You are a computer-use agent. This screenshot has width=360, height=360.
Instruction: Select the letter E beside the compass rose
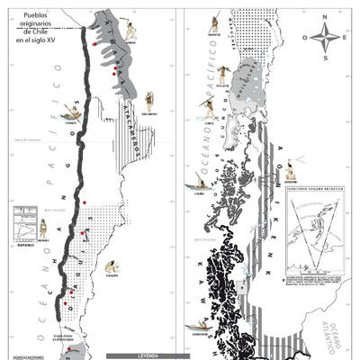[346, 37]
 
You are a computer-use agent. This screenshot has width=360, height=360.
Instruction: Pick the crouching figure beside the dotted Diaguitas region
[112, 267]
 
